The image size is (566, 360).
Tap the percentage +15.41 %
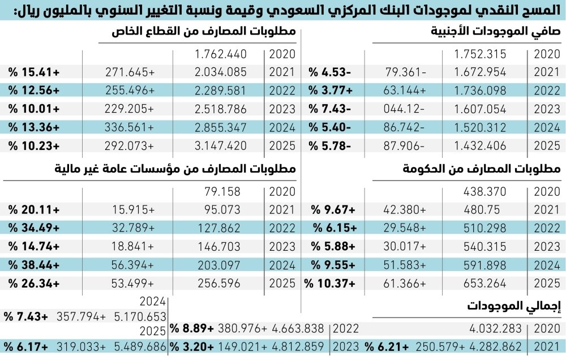point(34,72)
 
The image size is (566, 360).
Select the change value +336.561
point(130,127)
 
